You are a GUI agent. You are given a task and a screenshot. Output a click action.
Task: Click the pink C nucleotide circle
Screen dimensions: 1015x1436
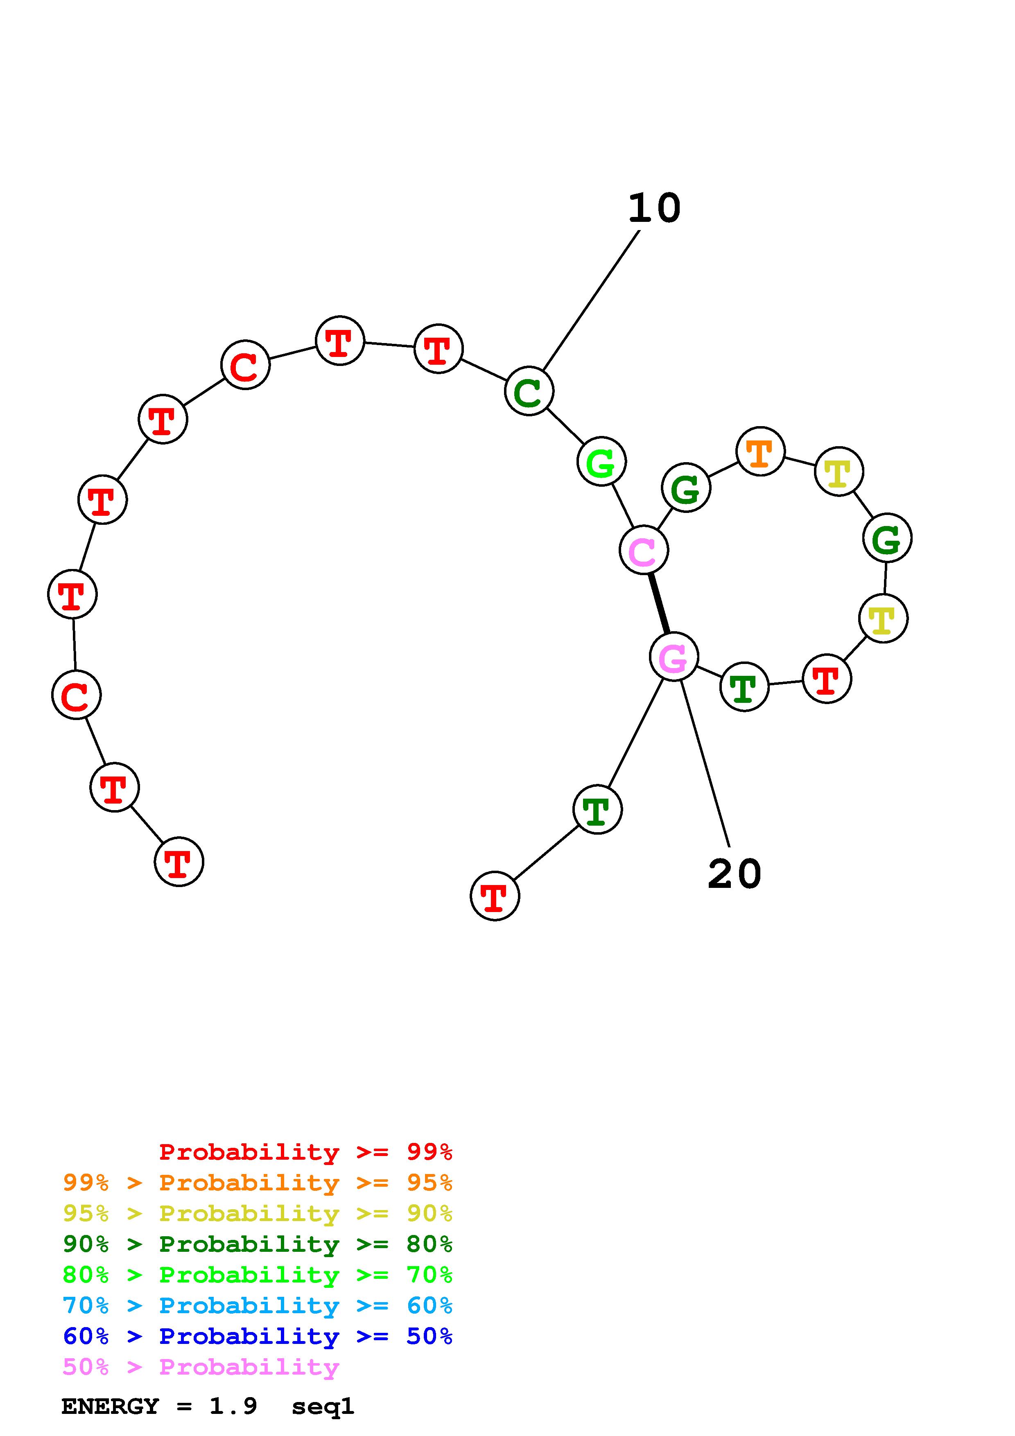coord(644,550)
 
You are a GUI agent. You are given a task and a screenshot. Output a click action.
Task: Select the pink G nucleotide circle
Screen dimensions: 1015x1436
coord(674,656)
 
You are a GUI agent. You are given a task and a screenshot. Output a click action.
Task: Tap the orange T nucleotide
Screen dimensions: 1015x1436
coord(760,452)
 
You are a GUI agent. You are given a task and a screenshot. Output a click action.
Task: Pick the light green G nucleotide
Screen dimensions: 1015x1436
coord(601,462)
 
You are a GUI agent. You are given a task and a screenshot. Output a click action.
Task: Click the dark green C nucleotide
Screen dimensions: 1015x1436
coord(529,391)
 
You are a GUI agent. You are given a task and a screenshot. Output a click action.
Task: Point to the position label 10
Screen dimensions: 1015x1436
coord(654,208)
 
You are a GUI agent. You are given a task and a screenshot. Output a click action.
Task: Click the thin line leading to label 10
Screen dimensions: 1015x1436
coord(591,300)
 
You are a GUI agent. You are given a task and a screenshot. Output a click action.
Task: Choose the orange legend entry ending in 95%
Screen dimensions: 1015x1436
coord(258,1183)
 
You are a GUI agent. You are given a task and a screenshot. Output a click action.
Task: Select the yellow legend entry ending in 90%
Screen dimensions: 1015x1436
coord(258,1213)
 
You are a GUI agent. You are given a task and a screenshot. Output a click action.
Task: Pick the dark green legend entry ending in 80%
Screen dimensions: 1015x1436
coord(258,1244)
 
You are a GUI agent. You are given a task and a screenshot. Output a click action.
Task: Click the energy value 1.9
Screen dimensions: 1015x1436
coord(233,1406)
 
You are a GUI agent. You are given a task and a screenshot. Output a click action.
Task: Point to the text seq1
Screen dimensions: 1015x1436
coord(323,1406)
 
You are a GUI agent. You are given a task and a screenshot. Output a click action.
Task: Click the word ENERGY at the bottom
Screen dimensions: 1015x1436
coord(110,1406)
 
